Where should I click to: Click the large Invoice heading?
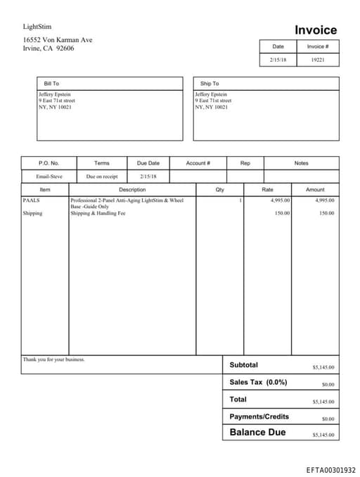pos(315,30)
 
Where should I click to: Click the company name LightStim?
pos(37,27)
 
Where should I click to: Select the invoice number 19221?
pos(318,61)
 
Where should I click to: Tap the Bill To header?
pos(51,84)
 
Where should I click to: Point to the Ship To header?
pos(210,84)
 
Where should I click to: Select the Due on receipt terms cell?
pos(102,177)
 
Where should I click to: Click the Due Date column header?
pos(148,163)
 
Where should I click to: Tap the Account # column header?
pos(198,163)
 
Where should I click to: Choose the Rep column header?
pos(245,163)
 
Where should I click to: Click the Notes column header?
pos(301,163)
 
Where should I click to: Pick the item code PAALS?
pos(31,201)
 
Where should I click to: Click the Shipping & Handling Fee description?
pos(98,213)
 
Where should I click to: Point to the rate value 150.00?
pos(282,213)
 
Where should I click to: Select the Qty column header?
pos(220,190)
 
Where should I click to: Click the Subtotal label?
pos(243,365)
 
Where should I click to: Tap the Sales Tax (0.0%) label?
pos(258,382)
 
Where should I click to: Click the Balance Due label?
pos(257,432)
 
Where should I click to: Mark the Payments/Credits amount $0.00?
pos(328,419)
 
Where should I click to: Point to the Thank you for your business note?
pos(53,360)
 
